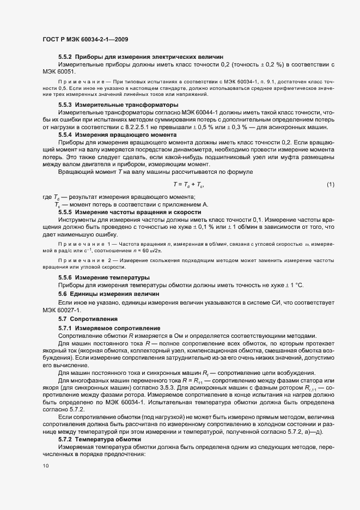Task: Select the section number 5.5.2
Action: pyautogui.click(x=65, y=57)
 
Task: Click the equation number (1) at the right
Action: pyautogui.click(x=330, y=185)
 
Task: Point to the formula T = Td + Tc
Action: pyautogui.click(x=188, y=185)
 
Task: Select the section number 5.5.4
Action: pyautogui.click(x=65, y=134)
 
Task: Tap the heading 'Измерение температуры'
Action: pyautogui.click(x=112, y=278)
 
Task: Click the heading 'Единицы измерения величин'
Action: pyautogui.click(x=109, y=294)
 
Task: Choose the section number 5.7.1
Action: pyautogui.click(x=65, y=328)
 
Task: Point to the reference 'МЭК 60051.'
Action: pyautogui.click(x=60, y=71)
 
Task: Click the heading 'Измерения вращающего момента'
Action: pyautogui.click(x=128, y=134)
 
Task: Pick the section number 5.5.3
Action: pyautogui.click(x=65, y=104)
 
